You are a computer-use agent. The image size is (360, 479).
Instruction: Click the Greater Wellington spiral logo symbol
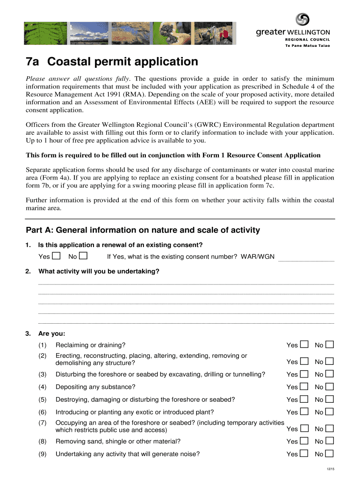pyautogui.click(x=302, y=20)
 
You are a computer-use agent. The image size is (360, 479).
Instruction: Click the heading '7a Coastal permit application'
pyautogui.click(x=112, y=62)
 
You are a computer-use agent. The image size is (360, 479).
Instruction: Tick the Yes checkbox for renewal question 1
pyautogui.click(x=56, y=256)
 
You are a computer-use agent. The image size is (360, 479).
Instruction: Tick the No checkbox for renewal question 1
pyautogui.click(x=83, y=256)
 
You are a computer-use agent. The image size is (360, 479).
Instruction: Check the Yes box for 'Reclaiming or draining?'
pyautogui.click(x=304, y=345)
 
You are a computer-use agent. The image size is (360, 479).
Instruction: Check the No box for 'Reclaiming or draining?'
pyautogui.click(x=330, y=345)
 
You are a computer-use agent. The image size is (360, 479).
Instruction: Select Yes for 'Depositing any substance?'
pyautogui.click(x=304, y=386)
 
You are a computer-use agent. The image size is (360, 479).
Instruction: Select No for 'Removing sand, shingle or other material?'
pyautogui.click(x=330, y=441)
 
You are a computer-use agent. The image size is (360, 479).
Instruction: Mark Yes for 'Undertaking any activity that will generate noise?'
pyautogui.click(x=304, y=453)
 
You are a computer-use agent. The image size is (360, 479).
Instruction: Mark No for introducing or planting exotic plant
pyautogui.click(x=330, y=412)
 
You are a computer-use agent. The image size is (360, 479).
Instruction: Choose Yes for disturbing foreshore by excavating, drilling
pyautogui.click(x=304, y=374)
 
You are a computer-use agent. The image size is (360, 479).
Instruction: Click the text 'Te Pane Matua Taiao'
pyautogui.click(x=307, y=46)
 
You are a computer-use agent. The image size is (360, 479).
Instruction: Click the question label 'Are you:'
pyautogui.click(x=52, y=334)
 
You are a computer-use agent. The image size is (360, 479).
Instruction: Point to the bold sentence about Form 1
pyautogui.click(x=173, y=155)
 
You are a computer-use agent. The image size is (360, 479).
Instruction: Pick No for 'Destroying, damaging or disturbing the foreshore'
pyautogui.click(x=330, y=399)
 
